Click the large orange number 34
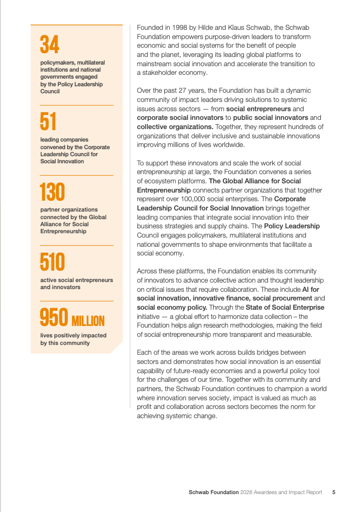pyautogui.click(x=50, y=45)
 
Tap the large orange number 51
pyautogui.click(x=48, y=121)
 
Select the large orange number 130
pyautogui.click(x=52, y=192)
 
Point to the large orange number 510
pyautogui.click(x=52, y=263)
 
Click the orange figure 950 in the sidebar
pyautogui.click(x=54, y=318)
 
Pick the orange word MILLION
pyautogui.click(x=88, y=320)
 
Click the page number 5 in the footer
pyautogui.click(x=333, y=492)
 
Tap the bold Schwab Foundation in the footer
pyautogui.click(x=214, y=492)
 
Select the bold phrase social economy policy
pyautogui.click(x=168, y=307)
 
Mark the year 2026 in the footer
pyautogui.click(x=248, y=492)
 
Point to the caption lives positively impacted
pyautogui.click(x=66, y=335)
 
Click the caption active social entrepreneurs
pyautogui.click(x=76, y=280)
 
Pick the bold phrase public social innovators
pyautogui.click(x=271, y=118)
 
